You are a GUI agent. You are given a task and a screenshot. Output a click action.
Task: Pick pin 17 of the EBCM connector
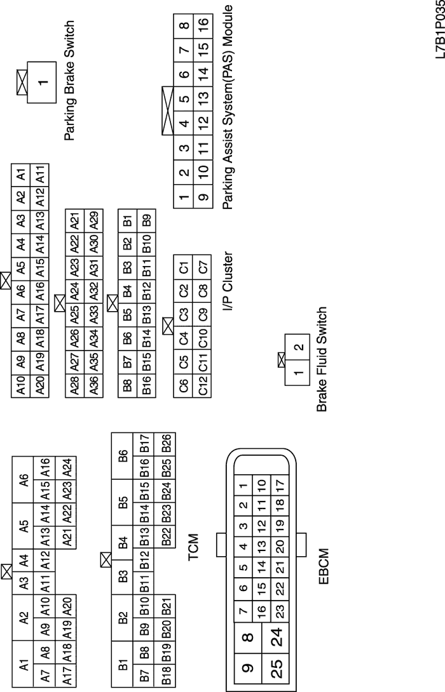tap(278, 489)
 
